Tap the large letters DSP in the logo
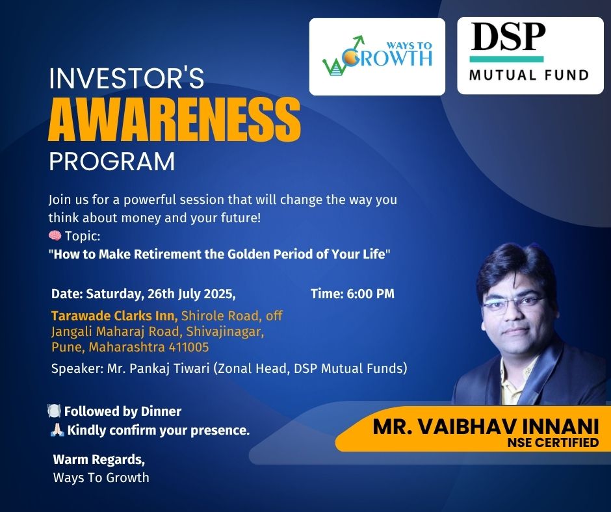pyautogui.click(x=508, y=36)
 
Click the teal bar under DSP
pyautogui.click(x=506, y=59)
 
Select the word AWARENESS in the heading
pyautogui.click(x=174, y=120)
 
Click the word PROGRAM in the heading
pyautogui.click(x=112, y=161)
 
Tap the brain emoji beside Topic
pyautogui.click(x=55, y=235)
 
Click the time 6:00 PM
pyautogui.click(x=370, y=294)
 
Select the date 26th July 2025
pyautogui.click(x=190, y=294)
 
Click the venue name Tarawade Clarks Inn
pyautogui.click(x=114, y=315)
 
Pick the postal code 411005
pyautogui.click(x=188, y=346)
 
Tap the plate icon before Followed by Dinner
pyautogui.click(x=54, y=411)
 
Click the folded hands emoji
pyautogui.click(x=57, y=429)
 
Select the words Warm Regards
pyautogui.click(x=99, y=460)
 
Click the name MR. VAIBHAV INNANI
pyautogui.click(x=486, y=426)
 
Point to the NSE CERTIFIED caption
pyautogui.click(x=552, y=442)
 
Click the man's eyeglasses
pyautogui.click(x=513, y=303)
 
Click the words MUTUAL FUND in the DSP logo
pyautogui.click(x=529, y=75)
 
